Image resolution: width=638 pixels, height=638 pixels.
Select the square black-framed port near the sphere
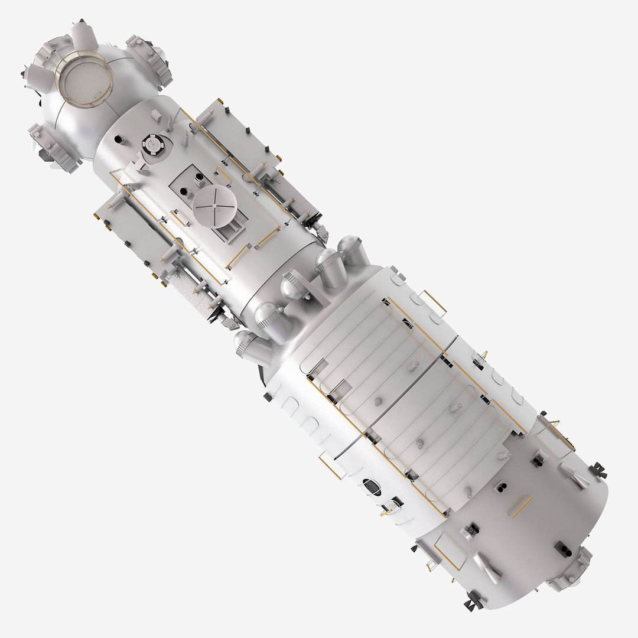[152, 144]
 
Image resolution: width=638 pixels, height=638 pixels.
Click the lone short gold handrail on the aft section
[522, 506]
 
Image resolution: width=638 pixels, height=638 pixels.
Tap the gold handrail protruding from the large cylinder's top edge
[436, 302]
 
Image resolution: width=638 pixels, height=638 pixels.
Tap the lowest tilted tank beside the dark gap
[250, 347]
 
